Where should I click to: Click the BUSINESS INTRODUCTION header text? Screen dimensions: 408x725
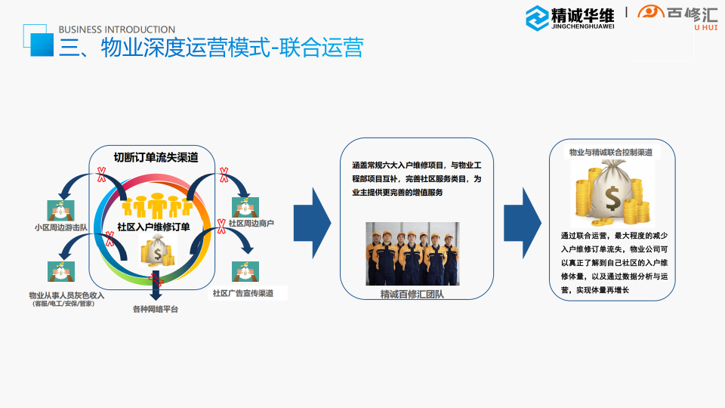click(x=116, y=29)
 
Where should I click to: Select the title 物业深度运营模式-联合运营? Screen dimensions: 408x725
click(x=211, y=48)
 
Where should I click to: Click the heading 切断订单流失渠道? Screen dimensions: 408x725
click(x=156, y=157)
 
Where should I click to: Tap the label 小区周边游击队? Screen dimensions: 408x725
click(x=62, y=227)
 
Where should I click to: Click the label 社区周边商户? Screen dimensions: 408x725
click(x=251, y=224)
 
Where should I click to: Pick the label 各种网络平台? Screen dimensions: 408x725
click(x=156, y=309)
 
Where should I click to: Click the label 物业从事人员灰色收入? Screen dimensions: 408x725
click(x=66, y=295)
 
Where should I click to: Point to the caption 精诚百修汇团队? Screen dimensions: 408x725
click(x=412, y=293)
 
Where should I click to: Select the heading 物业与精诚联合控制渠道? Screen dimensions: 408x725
click(x=611, y=152)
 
